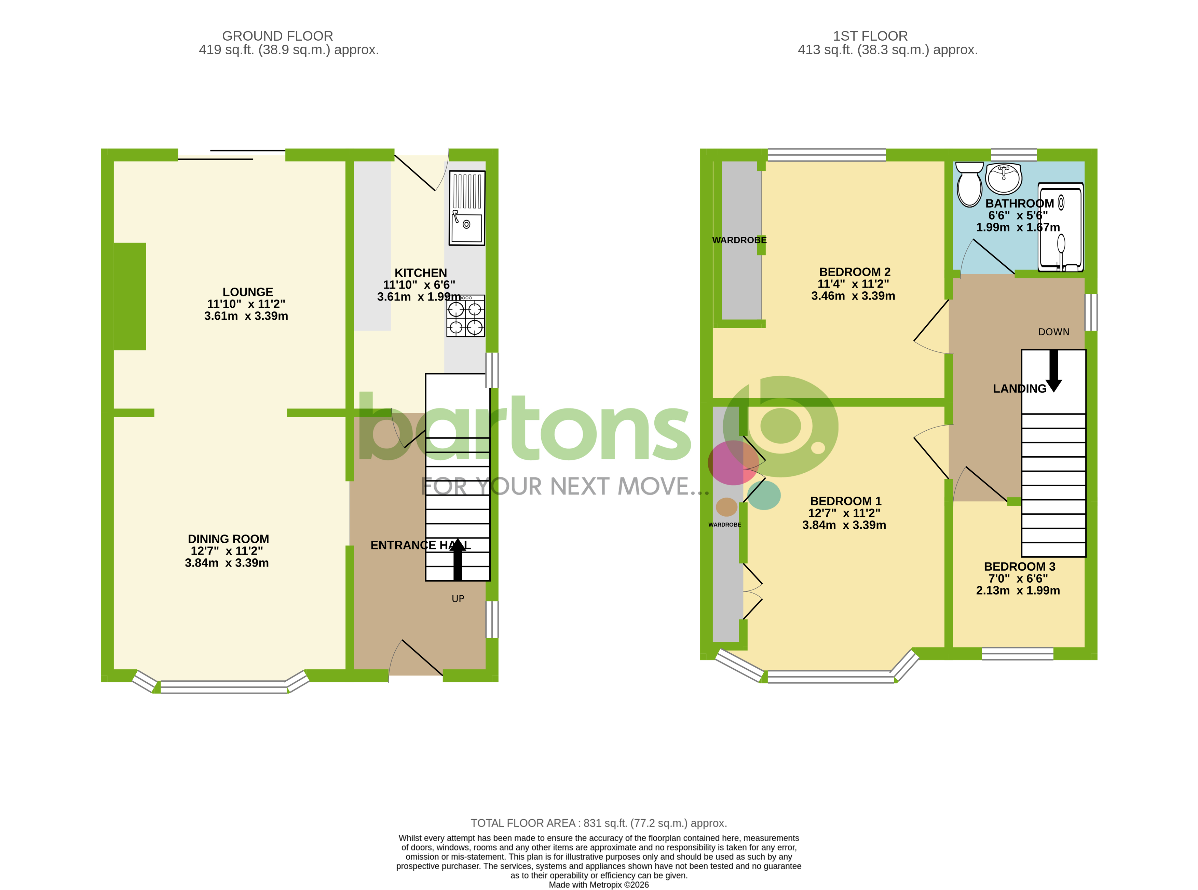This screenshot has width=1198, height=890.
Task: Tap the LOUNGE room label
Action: coord(247,292)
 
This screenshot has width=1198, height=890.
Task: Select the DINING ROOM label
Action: coord(228,539)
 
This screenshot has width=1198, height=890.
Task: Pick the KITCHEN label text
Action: coord(420,273)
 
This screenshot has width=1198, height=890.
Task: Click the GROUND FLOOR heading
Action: coord(277,36)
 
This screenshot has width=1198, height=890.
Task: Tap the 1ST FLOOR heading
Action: coord(870,36)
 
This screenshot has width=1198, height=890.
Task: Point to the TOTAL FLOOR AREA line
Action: coord(598,823)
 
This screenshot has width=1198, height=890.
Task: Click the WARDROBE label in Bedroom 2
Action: coord(739,240)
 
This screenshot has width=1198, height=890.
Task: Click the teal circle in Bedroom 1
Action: coord(764,495)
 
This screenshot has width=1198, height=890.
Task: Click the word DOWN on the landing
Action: coord(1053,332)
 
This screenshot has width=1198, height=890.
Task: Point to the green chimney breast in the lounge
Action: coord(130,296)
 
